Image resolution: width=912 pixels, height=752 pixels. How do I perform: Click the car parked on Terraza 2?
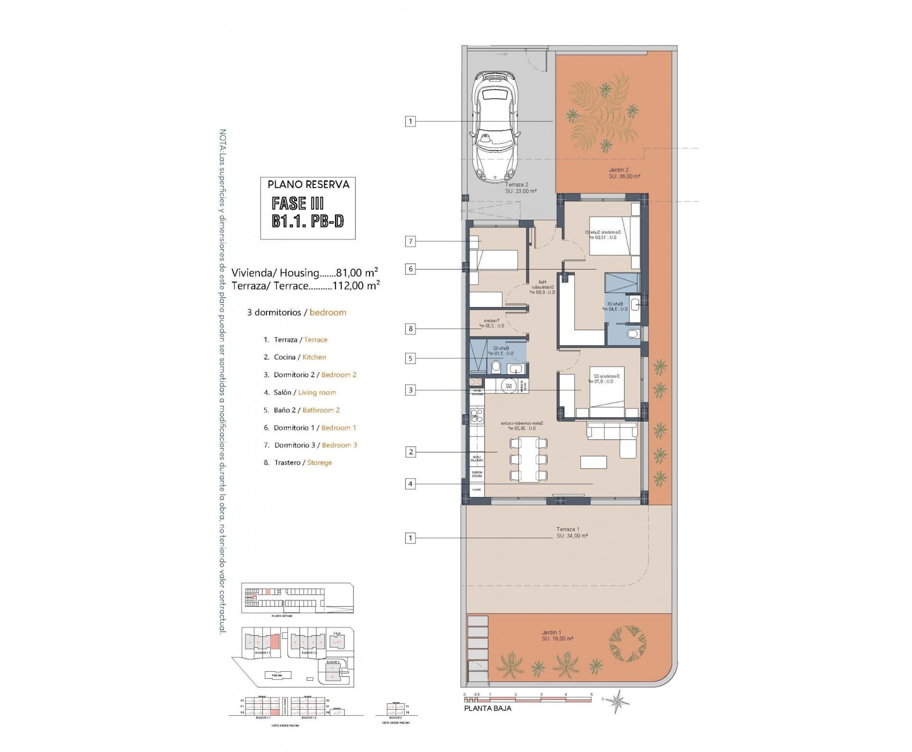pyautogui.click(x=496, y=127)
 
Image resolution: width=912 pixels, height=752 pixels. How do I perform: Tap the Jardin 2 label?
pyautogui.click(x=624, y=173)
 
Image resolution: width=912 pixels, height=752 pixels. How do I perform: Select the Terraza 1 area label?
pyautogui.click(x=572, y=532)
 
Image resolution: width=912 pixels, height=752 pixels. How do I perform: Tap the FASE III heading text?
pyautogui.click(x=297, y=203)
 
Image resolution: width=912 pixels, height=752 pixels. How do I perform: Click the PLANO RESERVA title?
pyautogui.click(x=308, y=184)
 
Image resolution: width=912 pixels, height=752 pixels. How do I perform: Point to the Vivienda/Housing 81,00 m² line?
pyautogui.click(x=304, y=273)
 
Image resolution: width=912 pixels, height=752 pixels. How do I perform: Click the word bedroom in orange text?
pyautogui.click(x=328, y=312)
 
